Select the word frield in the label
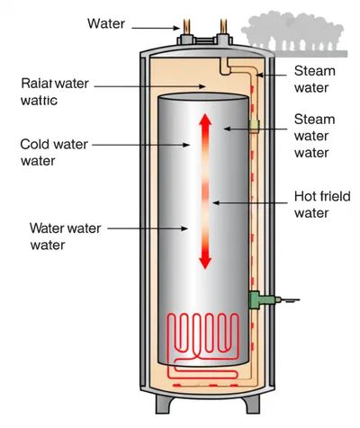click(x=328, y=198)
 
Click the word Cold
click(x=37, y=143)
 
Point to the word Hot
click(x=306, y=198)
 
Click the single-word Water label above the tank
click(x=106, y=22)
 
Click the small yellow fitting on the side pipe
click(x=255, y=126)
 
